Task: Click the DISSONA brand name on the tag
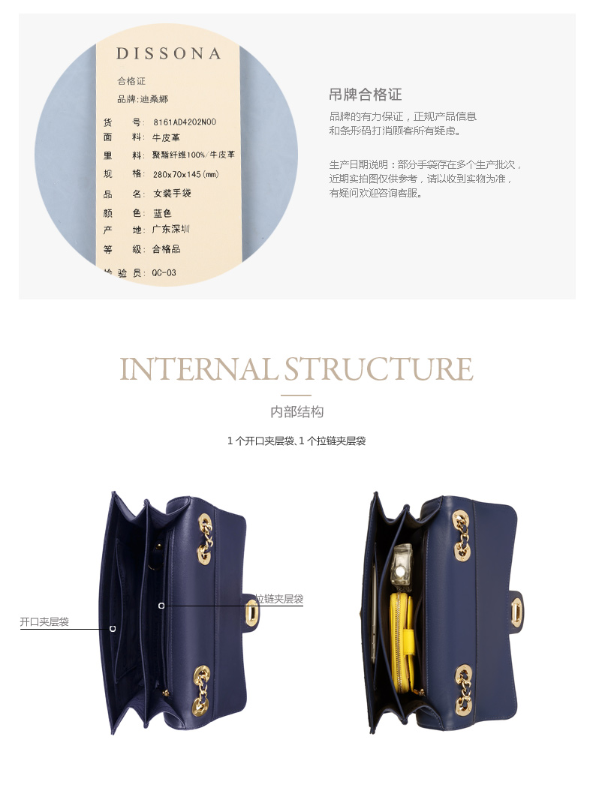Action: [x=168, y=54]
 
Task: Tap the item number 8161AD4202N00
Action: [x=184, y=122]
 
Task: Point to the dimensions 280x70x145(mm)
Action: [x=185, y=174]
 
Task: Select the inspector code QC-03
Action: [x=164, y=272]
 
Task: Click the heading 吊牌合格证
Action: [x=365, y=95]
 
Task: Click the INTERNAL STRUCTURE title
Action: [x=296, y=369]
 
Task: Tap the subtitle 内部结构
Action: [x=296, y=412]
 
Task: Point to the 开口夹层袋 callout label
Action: [x=44, y=622]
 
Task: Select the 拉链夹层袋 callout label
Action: [x=278, y=599]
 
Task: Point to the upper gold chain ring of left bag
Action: [x=204, y=537]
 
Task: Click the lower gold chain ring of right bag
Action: [x=463, y=687]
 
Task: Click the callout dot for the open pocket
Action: [x=113, y=629]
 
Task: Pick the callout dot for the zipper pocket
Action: [x=161, y=605]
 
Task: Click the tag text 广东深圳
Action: [x=171, y=230]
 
